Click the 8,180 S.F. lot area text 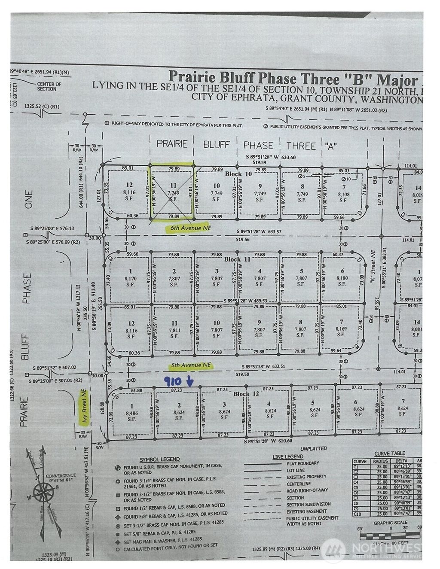(x=342, y=278)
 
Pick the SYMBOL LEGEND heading (x=159, y=459)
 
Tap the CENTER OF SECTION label (x=49, y=86)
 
